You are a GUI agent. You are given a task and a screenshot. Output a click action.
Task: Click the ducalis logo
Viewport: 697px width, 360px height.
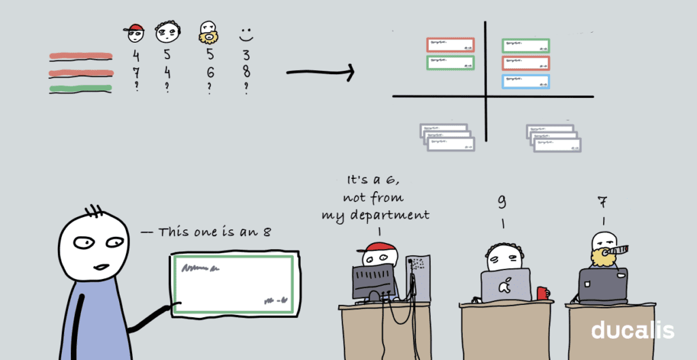pos(632,330)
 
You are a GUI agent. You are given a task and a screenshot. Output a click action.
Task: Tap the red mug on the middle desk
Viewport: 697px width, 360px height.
pos(542,293)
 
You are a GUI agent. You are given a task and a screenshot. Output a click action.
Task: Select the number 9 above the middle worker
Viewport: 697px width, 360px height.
pos(502,202)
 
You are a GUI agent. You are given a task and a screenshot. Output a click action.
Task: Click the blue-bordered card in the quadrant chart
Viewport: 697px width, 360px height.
pos(525,82)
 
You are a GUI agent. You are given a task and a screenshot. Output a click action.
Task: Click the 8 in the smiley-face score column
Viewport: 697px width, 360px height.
pos(246,71)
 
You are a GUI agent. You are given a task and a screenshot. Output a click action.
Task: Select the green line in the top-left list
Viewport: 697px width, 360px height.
pos(80,88)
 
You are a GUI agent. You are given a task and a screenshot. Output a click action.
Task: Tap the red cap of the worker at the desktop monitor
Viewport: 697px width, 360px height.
pos(375,247)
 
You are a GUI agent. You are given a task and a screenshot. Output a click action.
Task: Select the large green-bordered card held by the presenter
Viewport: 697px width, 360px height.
pos(236,284)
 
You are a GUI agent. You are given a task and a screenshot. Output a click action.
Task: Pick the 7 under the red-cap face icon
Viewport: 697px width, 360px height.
pos(136,71)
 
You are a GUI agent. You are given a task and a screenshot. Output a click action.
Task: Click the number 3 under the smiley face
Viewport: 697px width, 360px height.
pos(246,54)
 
